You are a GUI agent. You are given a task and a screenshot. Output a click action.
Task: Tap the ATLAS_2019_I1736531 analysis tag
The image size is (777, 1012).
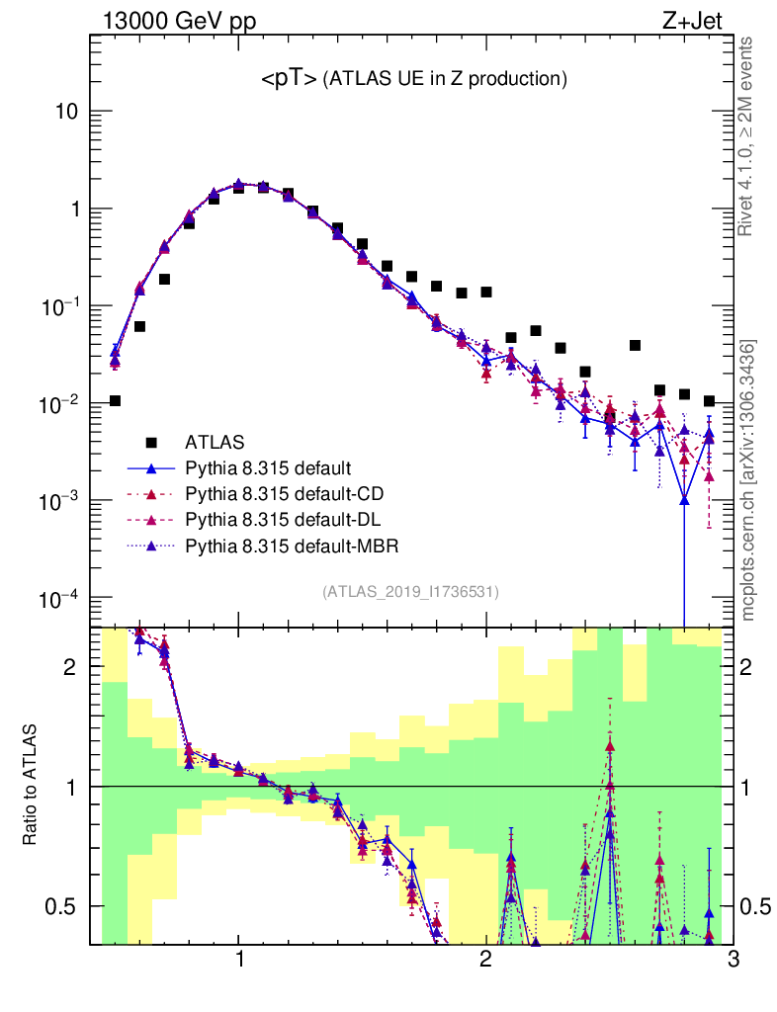(410, 592)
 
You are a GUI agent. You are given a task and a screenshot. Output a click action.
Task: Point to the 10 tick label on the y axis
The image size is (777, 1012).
(67, 112)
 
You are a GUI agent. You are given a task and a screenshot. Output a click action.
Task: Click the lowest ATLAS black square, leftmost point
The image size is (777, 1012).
(115, 400)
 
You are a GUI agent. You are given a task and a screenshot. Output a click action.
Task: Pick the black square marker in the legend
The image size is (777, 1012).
(151, 441)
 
